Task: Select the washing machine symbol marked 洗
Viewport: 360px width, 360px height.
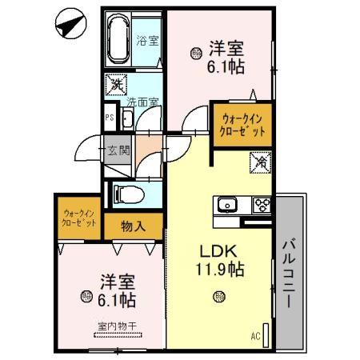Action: [x=117, y=82]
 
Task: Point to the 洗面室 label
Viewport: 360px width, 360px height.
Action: [x=142, y=102]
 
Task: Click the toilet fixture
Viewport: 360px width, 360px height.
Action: [x=127, y=193]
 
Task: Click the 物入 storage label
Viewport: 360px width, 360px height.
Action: [x=134, y=226]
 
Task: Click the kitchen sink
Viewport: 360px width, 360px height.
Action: [x=227, y=204]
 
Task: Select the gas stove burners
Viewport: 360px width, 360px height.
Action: [x=261, y=204]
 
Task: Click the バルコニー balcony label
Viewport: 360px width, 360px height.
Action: [x=290, y=270]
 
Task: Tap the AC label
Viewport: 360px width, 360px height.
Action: [x=255, y=335]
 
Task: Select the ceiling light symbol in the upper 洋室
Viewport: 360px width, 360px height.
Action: [x=195, y=54]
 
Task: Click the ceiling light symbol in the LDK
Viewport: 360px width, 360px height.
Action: [x=218, y=298]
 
